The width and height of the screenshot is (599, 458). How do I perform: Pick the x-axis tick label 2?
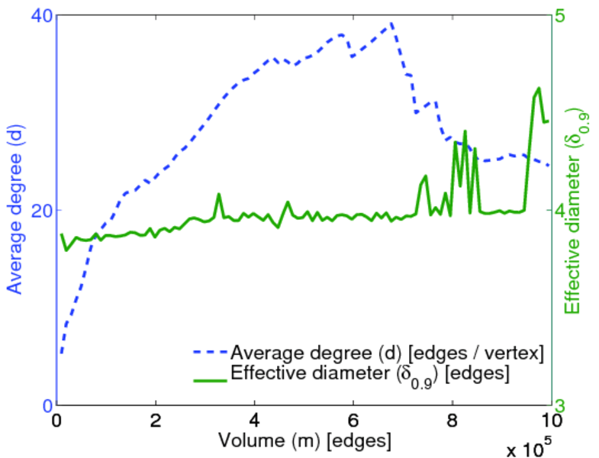(156, 421)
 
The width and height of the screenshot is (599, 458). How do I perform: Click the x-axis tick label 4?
(255, 421)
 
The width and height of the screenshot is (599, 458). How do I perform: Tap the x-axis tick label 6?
(353, 421)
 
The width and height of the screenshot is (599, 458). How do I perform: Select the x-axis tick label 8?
(452, 421)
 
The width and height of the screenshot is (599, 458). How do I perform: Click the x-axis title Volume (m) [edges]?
(305, 440)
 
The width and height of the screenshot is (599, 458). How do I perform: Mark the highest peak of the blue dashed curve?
(391, 23)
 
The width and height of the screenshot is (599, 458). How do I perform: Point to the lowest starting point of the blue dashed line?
(62, 353)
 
